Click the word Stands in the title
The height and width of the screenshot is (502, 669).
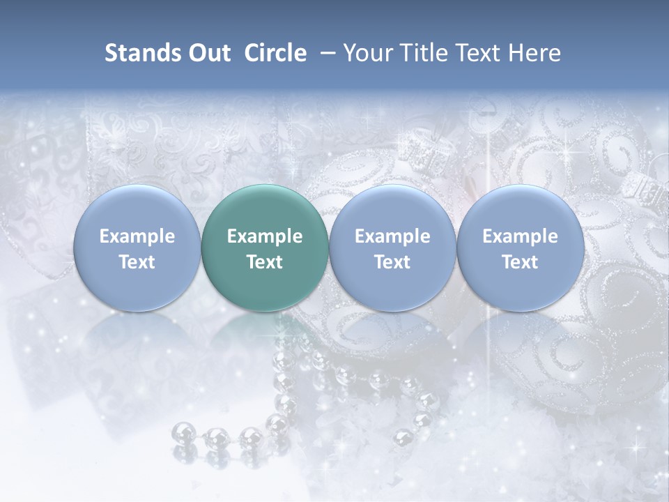coord(144,53)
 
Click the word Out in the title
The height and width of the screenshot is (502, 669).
coord(210,53)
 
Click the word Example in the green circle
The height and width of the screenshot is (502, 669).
coord(264,236)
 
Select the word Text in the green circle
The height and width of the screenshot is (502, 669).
coord(264,262)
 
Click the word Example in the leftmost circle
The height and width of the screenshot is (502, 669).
coord(137,236)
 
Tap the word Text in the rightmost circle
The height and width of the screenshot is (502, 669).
coord(520,262)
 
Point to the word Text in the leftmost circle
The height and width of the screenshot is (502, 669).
coord(137,262)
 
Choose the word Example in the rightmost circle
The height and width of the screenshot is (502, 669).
coord(520,236)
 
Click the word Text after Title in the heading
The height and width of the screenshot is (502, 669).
coord(481,53)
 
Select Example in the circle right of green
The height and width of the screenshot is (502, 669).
coord(392,236)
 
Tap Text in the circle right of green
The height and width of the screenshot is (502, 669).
coord(392,262)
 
